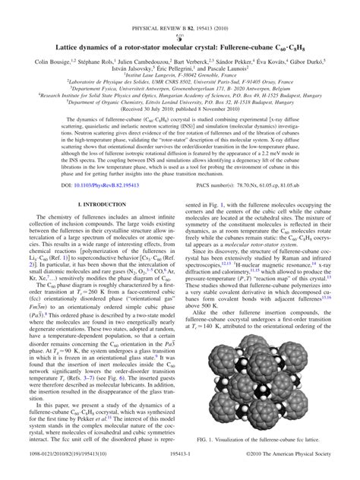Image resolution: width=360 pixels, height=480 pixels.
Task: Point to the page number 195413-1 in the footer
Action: pyautogui.click(x=180, y=472)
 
